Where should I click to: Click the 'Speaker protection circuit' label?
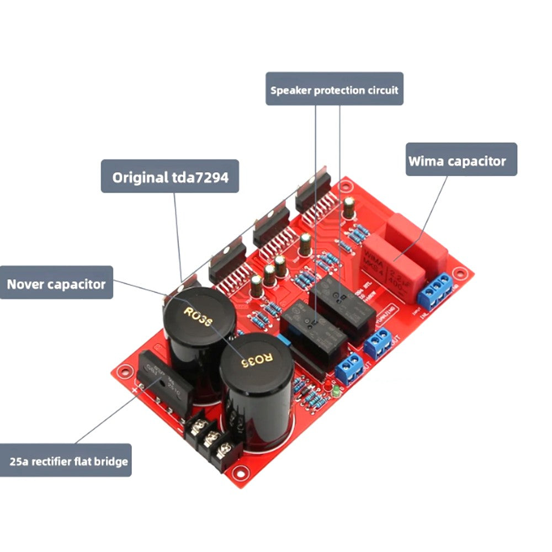[335, 89]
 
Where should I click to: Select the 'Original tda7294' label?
[170, 177]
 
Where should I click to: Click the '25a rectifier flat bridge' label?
[66, 460]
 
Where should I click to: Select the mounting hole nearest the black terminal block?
[238, 472]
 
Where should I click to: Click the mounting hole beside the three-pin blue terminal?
[458, 273]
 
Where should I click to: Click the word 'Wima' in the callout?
[426, 161]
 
